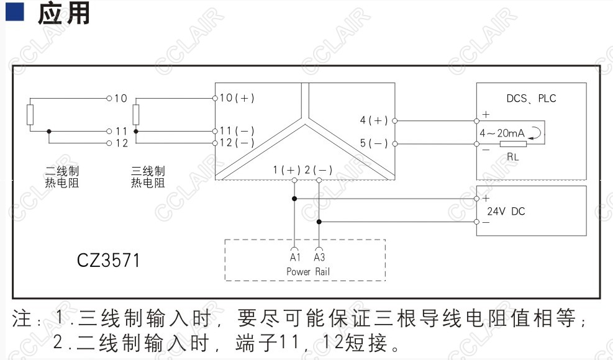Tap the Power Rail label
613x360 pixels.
point(308,271)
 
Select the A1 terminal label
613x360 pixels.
point(295,257)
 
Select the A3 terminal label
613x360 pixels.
point(319,257)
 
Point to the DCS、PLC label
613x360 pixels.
point(532,99)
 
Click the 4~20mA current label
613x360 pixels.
point(502,133)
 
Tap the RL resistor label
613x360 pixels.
point(512,157)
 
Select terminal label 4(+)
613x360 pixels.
point(374,120)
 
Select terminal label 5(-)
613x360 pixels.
point(374,143)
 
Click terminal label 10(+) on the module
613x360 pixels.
point(237,98)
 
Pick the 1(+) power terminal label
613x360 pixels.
point(287,169)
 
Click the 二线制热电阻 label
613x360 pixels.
point(61,176)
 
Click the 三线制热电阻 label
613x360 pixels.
point(148,176)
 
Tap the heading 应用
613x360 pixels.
point(63,13)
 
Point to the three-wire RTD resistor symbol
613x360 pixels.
point(136,115)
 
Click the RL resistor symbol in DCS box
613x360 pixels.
point(516,144)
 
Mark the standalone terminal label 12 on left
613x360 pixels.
point(120,143)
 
